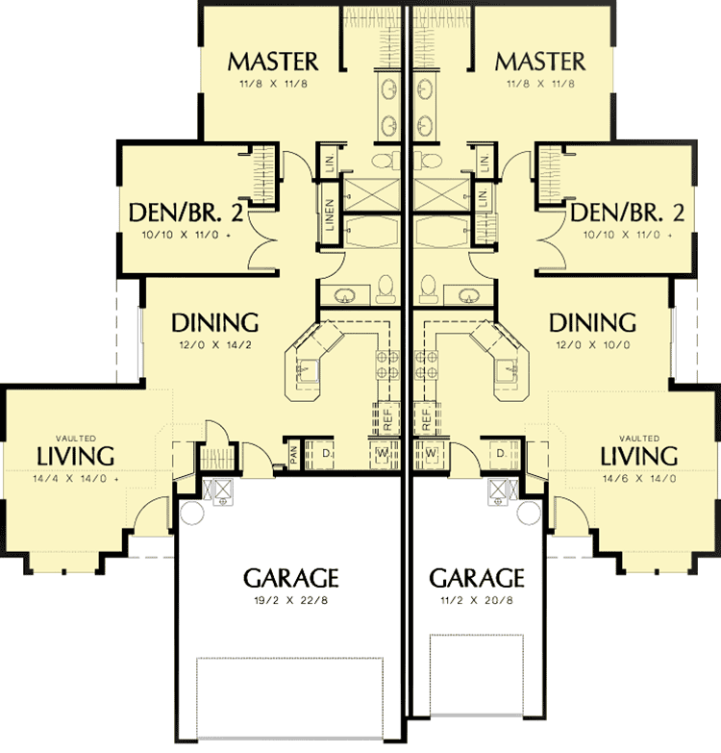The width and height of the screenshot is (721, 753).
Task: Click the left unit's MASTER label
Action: (x=272, y=63)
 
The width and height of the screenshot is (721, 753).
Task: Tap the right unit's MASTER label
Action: (x=539, y=63)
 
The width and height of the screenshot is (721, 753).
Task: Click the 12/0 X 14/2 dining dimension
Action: (x=214, y=345)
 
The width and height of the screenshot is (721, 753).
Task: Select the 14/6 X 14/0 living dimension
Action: (x=639, y=478)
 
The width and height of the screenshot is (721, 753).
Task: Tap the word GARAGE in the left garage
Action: (x=290, y=578)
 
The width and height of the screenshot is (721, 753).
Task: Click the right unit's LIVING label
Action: (x=639, y=455)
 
